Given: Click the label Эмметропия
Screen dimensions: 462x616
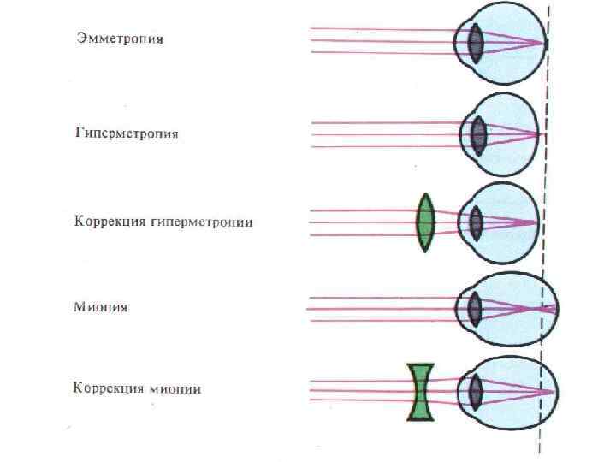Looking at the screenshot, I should (x=119, y=39).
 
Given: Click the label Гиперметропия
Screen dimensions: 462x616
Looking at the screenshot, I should (x=127, y=134).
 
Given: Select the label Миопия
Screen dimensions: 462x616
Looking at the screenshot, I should (x=101, y=307).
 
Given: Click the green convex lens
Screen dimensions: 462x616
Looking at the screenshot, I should (x=424, y=222).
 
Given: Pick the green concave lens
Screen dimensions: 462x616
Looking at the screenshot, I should (x=421, y=392).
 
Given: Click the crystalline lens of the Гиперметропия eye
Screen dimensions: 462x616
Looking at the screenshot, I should (x=477, y=134).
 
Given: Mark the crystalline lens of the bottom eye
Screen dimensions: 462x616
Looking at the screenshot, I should (x=474, y=392).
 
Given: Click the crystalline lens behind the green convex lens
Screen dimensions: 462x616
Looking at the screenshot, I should (x=475, y=222).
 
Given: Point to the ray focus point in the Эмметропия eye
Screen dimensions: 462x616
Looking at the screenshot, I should (x=543, y=41).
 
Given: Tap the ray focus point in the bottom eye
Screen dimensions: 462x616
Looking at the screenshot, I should (x=552, y=392).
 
